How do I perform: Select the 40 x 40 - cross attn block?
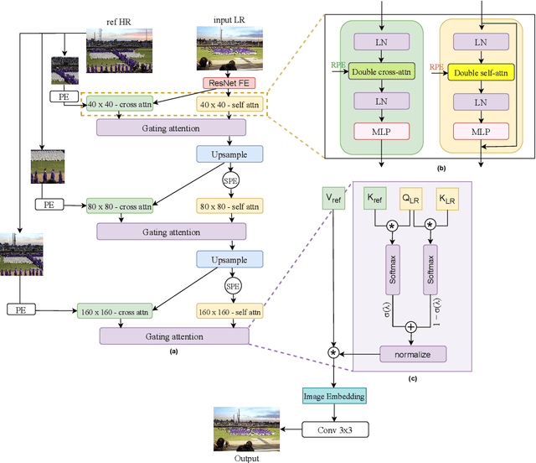coord(119,104)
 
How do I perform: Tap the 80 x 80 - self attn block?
coord(229,205)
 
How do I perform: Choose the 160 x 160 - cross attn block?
coord(119,311)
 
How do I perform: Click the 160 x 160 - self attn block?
coord(229,311)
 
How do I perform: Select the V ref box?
coord(335,200)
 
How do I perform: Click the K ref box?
coord(376,199)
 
